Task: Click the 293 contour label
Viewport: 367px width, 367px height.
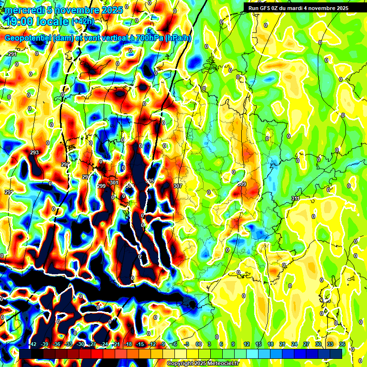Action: (x=34, y=153)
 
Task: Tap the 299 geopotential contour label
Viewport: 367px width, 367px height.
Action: (x=101, y=186)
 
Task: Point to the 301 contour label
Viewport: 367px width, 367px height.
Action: (x=114, y=183)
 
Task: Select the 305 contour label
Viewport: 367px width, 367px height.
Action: (x=150, y=181)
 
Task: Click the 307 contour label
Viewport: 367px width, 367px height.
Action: (x=178, y=185)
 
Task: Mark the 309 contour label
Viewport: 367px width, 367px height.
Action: (x=241, y=184)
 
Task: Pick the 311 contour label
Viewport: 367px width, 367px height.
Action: (x=295, y=198)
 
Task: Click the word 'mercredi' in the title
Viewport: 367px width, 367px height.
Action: (x=23, y=10)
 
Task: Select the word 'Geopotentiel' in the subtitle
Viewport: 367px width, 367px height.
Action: (x=29, y=38)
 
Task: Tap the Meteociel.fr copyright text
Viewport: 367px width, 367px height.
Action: (x=203, y=364)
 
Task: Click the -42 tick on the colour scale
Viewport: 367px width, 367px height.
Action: (x=33, y=345)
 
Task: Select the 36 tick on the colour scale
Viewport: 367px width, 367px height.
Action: (x=342, y=345)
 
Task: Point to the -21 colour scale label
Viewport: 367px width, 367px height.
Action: (x=116, y=345)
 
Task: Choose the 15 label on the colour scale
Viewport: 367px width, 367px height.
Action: (x=259, y=345)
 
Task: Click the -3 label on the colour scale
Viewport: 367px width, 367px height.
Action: (x=187, y=345)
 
